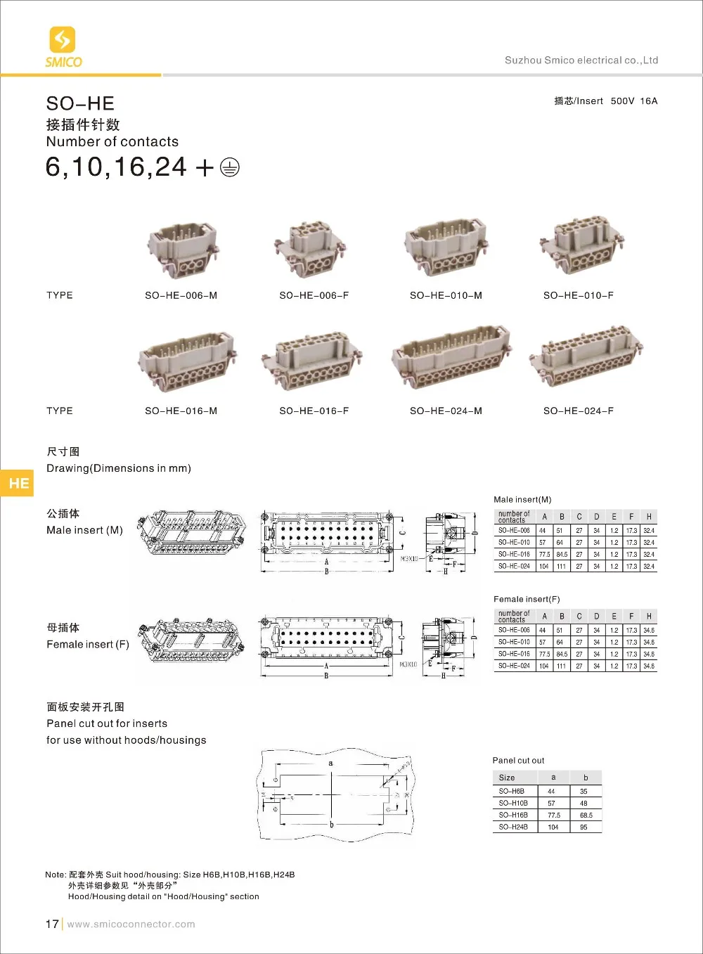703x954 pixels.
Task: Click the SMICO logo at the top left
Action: coord(63,47)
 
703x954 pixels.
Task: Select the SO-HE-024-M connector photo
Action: coord(451,357)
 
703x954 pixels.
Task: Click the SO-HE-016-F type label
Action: coord(314,411)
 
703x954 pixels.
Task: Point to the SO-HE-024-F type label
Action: coord(578,411)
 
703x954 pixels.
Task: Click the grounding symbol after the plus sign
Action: coord(229,168)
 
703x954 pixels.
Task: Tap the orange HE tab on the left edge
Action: coord(18,483)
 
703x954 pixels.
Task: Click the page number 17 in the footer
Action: coord(52,924)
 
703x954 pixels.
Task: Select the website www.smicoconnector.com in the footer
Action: coord(131,924)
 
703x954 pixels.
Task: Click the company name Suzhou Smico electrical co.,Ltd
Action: coord(581,60)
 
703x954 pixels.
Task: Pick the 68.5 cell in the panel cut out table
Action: coord(586,816)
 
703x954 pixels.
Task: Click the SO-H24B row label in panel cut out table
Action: coord(513,827)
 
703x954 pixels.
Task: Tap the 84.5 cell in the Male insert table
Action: coord(562,555)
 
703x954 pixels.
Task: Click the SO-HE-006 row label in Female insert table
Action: coord(514,631)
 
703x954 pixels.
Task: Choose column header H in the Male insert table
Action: coord(649,517)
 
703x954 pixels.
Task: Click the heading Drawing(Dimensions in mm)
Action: coord(119,468)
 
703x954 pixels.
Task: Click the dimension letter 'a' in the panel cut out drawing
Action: coord(330,763)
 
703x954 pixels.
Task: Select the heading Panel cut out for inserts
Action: coord(107,723)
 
